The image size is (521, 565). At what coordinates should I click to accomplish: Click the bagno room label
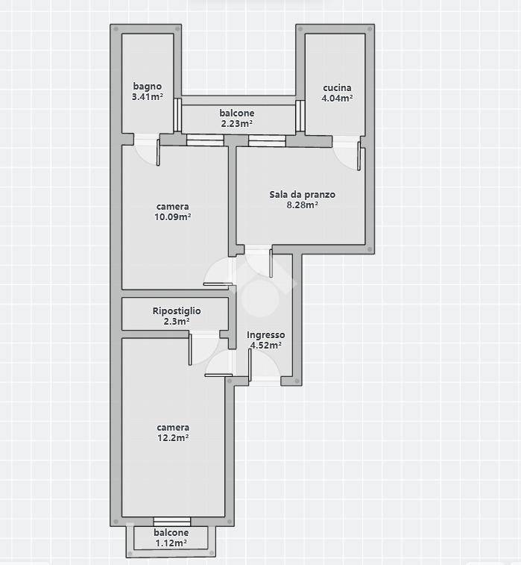click(x=147, y=87)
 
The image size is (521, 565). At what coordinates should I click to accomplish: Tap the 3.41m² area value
click(x=148, y=96)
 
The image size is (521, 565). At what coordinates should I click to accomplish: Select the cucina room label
click(x=337, y=87)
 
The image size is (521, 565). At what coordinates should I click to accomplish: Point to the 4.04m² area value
click(x=337, y=98)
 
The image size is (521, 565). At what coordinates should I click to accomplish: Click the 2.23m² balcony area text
click(x=236, y=124)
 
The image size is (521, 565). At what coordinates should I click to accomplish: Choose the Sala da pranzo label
click(x=302, y=195)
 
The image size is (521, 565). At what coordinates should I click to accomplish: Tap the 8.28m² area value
click(x=302, y=205)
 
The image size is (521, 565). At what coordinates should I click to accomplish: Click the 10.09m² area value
click(x=173, y=217)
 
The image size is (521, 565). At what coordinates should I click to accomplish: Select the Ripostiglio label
click(x=177, y=311)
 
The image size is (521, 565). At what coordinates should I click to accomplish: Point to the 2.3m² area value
click(x=177, y=321)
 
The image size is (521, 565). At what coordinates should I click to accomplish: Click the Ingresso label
click(x=266, y=335)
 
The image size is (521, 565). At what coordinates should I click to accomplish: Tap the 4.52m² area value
click(x=266, y=346)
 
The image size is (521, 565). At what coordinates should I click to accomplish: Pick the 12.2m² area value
click(x=173, y=438)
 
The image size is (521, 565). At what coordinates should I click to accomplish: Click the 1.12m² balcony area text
click(x=171, y=543)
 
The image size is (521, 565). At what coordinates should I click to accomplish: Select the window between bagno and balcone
click(x=177, y=115)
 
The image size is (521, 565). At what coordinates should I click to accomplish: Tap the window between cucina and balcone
click(x=300, y=116)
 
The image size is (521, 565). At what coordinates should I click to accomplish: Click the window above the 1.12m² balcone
click(x=172, y=522)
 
